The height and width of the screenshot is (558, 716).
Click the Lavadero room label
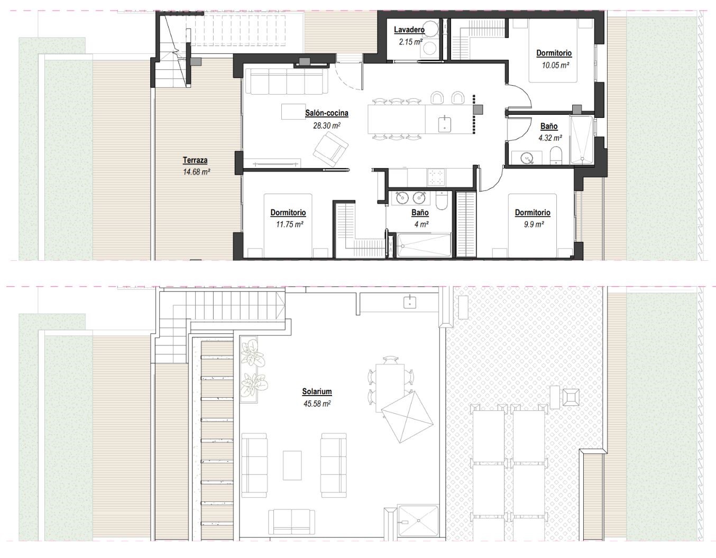[409, 30]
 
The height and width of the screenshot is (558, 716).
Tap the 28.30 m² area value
[326, 125]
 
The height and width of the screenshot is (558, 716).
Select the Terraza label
[195, 160]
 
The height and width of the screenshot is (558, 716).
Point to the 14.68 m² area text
[197, 171]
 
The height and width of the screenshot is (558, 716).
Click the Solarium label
[317, 391]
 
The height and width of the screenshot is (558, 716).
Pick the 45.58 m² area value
[317, 404]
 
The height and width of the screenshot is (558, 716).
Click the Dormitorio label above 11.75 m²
[288, 213]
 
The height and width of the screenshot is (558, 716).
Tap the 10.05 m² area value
[556, 65]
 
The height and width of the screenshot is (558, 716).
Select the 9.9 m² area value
[534, 224]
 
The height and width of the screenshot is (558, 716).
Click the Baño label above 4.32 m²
[549, 126]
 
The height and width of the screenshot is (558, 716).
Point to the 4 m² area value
[421, 224]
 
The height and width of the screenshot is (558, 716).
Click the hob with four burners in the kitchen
[436, 177]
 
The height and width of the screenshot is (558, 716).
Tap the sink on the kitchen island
[445, 124]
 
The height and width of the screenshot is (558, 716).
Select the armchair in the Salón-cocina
[331, 149]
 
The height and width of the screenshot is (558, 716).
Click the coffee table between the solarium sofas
[292, 465]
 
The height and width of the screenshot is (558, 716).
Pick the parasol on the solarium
[407, 417]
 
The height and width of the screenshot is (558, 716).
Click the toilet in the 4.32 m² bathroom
[556, 155]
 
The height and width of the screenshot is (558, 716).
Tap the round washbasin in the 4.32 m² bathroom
[527, 158]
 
